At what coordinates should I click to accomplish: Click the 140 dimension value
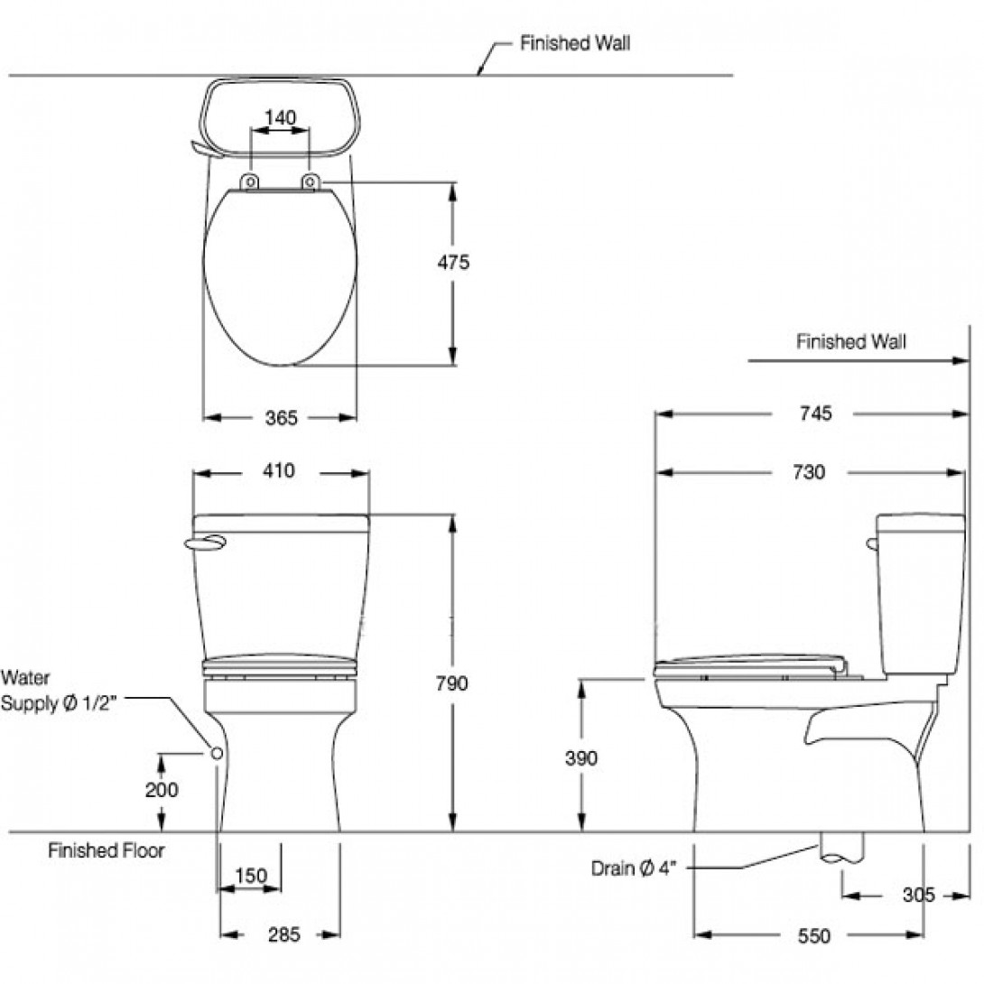click(280, 117)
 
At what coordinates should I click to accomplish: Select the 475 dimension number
click(453, 263)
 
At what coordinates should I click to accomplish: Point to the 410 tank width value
click(280, 471)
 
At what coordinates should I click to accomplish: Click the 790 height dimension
click(452, 683)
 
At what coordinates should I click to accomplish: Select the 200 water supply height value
click(162, 790)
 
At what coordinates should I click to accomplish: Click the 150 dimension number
click(251, 875)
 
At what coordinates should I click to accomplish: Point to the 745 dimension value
click(814, 413)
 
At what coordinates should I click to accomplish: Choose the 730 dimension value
click(809, 472)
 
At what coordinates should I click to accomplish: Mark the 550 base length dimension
click(813, 936)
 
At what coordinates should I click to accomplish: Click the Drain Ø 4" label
click(634, 868)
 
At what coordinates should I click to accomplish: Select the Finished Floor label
click(107, 850)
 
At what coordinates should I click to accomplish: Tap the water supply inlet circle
click(217, 752)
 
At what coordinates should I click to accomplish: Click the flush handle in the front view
click(204, 542)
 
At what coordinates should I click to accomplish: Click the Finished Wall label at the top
click(575, 43)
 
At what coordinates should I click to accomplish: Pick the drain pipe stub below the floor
click(841, 847)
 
